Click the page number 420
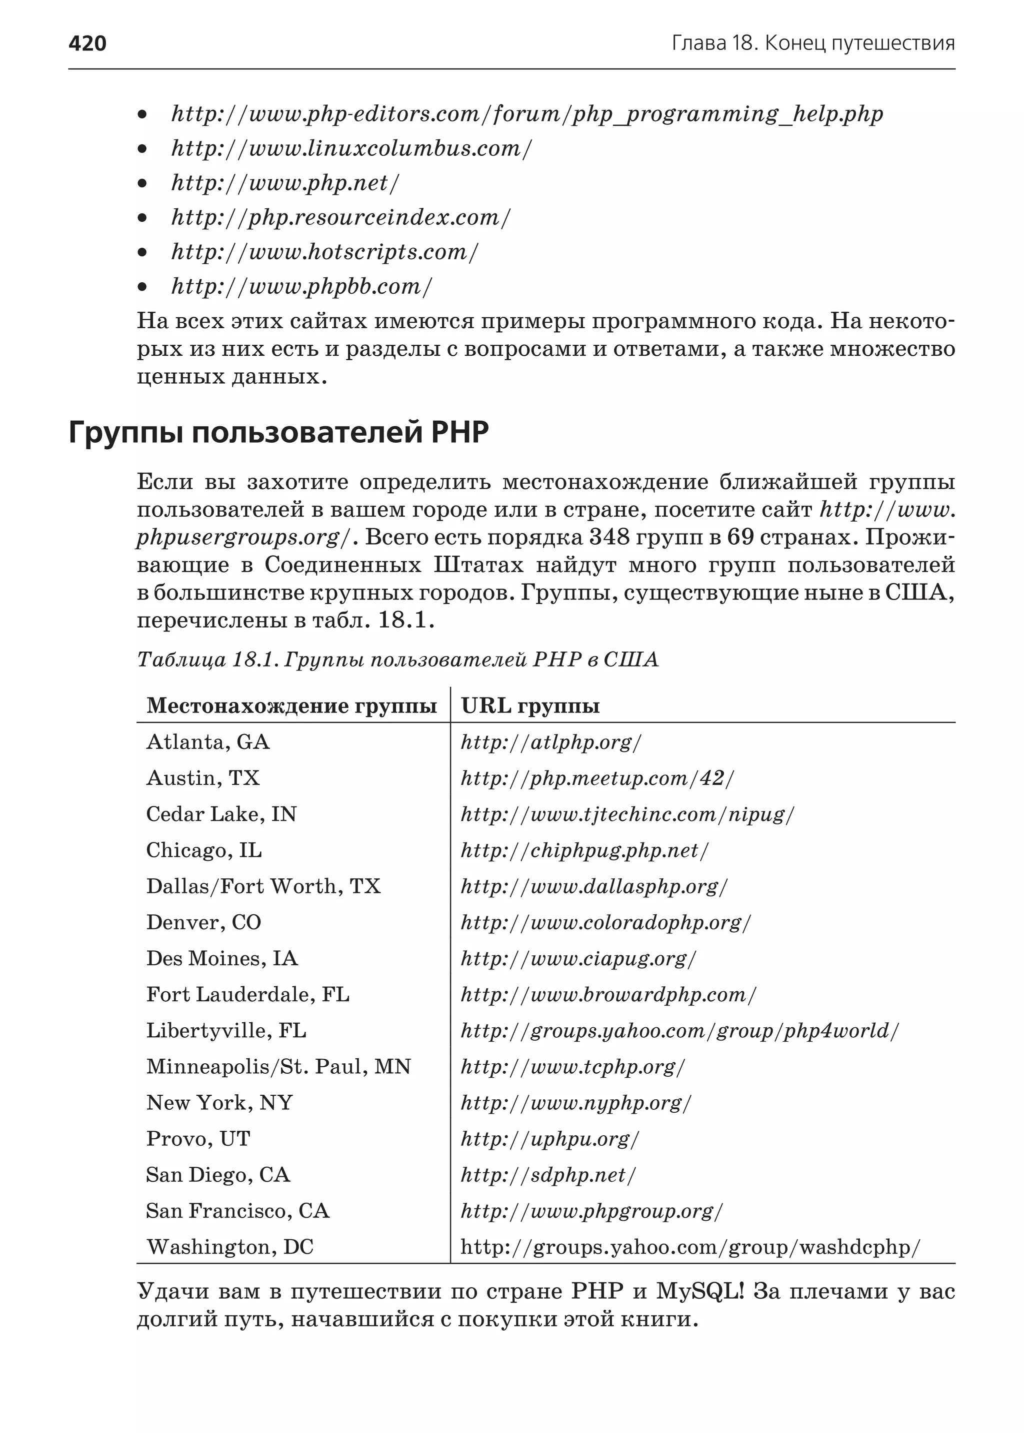tap(87, 43)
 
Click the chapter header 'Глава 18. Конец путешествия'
tap(813, 43)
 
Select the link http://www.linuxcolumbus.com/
tap(351, 149)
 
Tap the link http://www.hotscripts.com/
tap(324, 252)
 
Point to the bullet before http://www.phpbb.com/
tap(142, 287)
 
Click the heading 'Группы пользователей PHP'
tap(278, 433)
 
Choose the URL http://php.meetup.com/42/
tap(597, 779)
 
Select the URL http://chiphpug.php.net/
tap(584, 851)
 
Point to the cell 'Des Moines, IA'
tap(222, 958)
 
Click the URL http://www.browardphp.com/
tap(608, 995)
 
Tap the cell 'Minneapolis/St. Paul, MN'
tap(278, 1067)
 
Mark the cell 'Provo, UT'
tap(198, 1139)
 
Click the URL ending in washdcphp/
tap(690, 1247)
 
